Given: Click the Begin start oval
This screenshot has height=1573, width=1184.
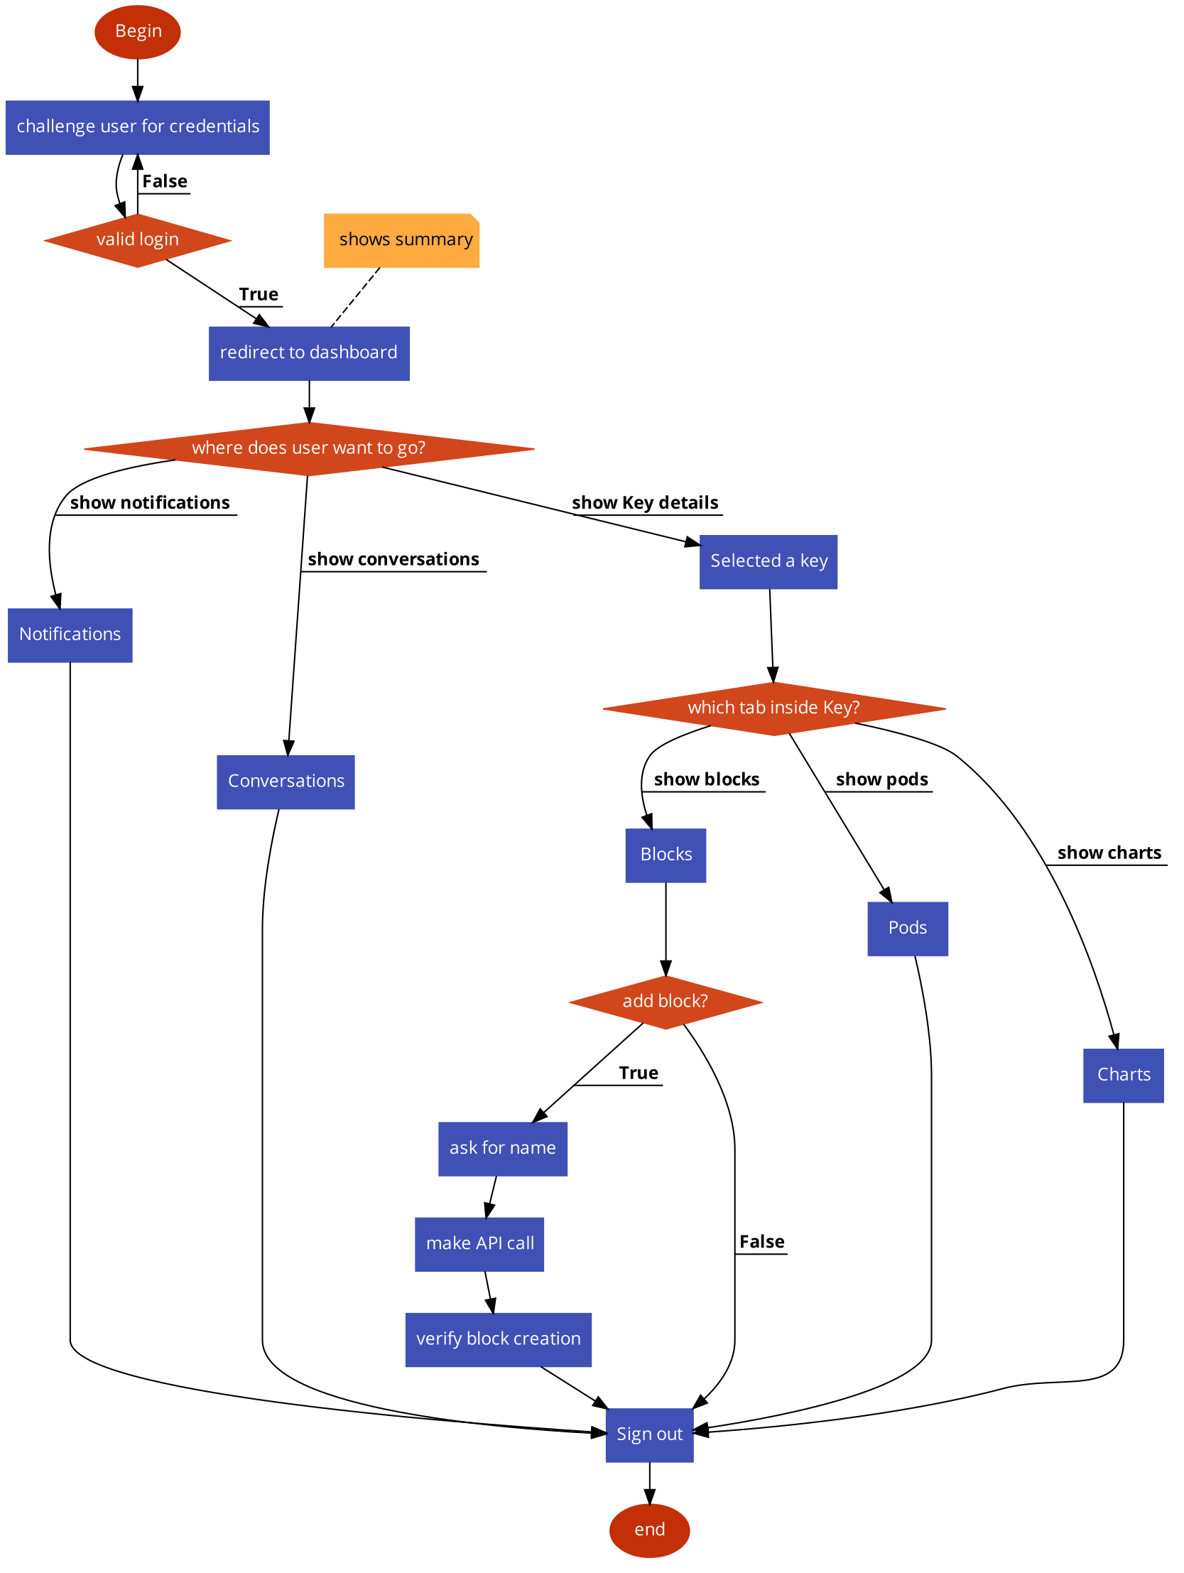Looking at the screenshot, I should (137, 32).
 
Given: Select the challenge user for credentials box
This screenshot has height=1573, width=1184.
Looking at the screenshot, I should (137, 127).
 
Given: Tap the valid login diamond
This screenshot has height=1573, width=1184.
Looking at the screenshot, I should (137, 240).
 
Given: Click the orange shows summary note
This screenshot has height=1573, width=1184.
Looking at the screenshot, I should (402, 240).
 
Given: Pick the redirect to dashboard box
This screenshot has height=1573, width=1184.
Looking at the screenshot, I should (310, 353).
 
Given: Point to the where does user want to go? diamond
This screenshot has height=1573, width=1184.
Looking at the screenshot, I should (309, 449).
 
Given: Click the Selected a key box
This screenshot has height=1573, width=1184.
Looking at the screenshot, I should (768, 562).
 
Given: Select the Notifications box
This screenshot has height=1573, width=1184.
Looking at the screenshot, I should (70, 635).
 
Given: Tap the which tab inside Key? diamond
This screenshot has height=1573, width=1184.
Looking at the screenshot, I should (773, 708).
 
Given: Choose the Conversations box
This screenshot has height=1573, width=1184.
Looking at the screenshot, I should (285, 782).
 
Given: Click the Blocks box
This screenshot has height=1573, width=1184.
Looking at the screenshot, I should (666, 855).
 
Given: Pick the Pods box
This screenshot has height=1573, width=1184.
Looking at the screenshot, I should (908, 929).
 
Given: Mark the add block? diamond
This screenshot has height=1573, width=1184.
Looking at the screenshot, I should (666, 1002).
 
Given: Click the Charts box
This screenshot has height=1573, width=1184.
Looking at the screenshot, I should (1123, 1075).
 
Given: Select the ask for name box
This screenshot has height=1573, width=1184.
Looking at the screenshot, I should (503, 1148).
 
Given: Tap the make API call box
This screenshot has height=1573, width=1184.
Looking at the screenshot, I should (479, 1244).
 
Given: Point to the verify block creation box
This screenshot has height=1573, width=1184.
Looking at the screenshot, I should (498, 1339).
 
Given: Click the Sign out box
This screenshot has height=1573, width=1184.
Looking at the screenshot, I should (649, 1434).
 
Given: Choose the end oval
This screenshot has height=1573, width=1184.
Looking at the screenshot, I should (649, 1530).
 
